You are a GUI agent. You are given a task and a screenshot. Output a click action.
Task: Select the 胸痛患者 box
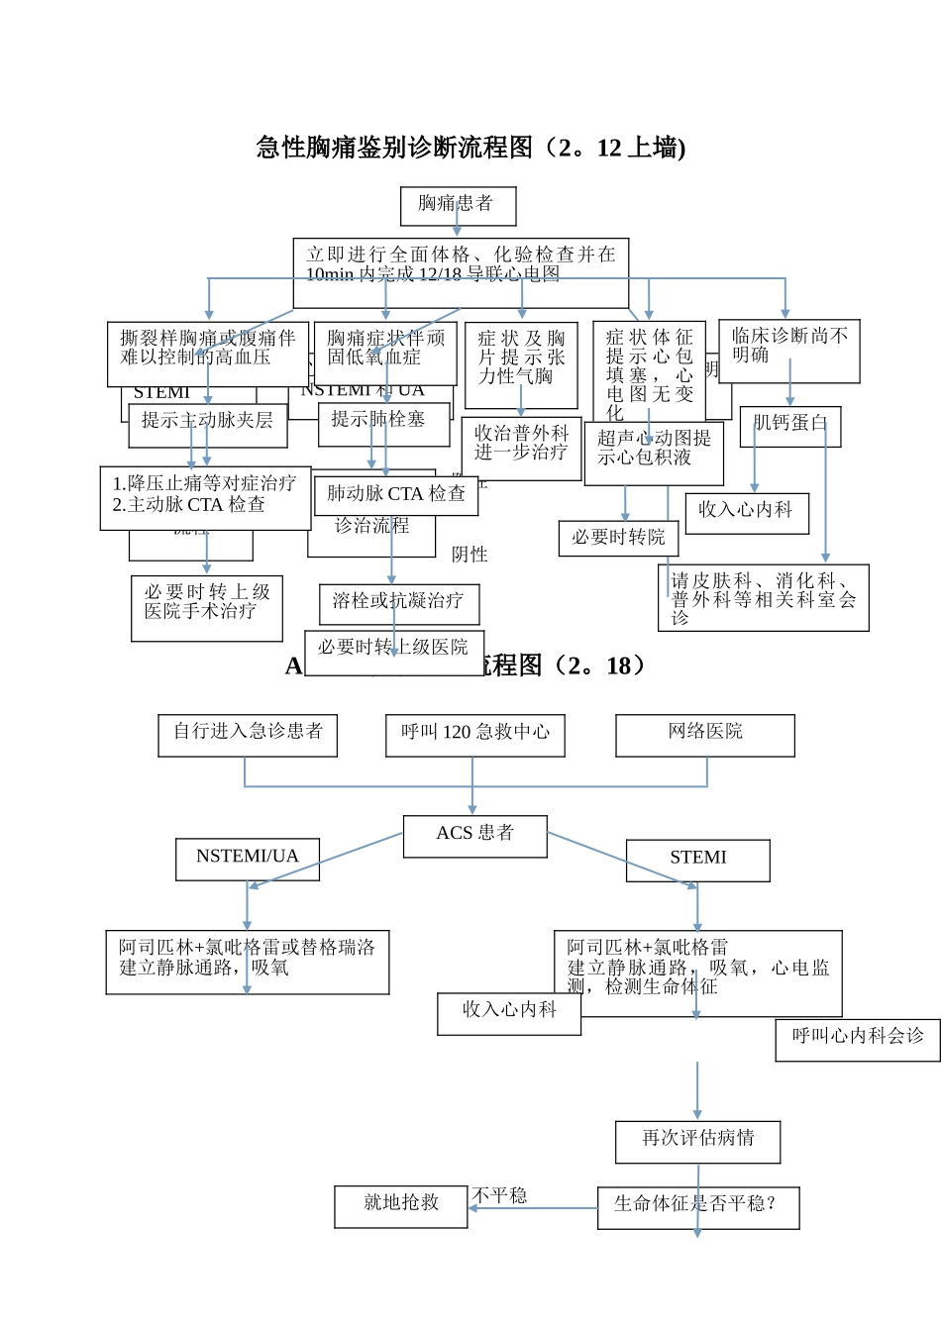458,206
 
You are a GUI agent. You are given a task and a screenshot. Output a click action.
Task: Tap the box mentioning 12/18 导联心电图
461,271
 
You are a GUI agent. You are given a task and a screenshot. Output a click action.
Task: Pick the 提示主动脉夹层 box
208,425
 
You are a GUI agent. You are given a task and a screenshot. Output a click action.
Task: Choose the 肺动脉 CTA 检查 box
396,495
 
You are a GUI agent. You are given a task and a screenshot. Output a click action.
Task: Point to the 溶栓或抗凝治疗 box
399,603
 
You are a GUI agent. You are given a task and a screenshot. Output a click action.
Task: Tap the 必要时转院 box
618,538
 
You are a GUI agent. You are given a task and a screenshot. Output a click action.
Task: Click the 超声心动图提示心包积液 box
654,453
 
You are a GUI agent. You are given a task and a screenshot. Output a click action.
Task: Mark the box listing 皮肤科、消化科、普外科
763,597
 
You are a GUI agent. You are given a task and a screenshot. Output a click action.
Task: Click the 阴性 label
470,555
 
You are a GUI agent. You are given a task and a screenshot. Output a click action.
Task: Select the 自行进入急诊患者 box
248,735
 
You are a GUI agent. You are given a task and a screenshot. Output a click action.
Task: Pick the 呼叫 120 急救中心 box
475,735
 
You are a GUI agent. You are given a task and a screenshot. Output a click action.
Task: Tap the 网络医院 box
705,735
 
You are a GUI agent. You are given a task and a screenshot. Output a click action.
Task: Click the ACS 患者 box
475,836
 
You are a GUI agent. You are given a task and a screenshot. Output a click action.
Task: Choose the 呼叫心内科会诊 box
858,1040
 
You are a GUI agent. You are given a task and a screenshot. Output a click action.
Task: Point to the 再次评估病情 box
697,1141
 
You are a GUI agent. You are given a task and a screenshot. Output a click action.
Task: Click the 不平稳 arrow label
500,1195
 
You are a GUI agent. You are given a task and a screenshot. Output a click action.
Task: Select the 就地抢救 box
401,1205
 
